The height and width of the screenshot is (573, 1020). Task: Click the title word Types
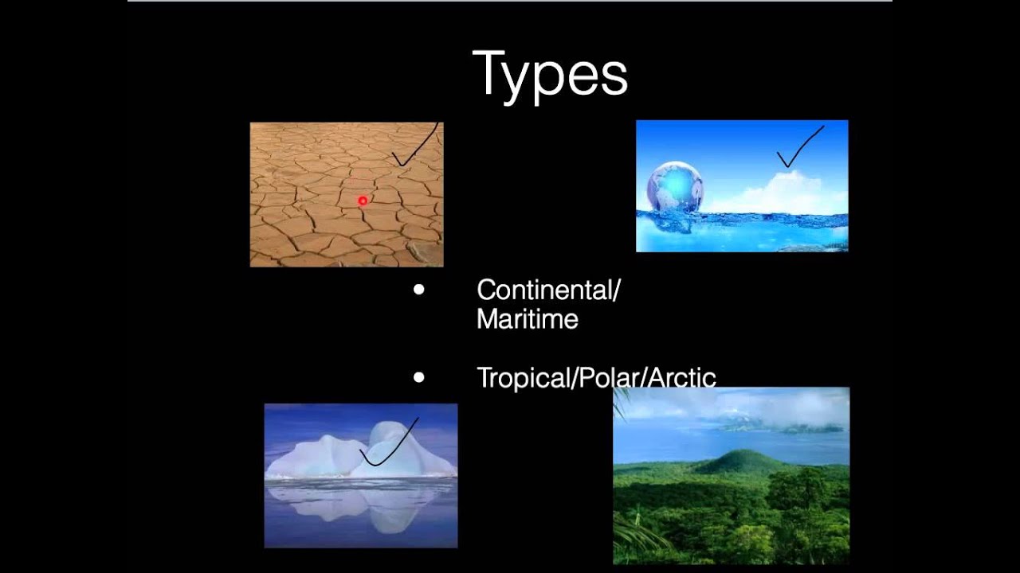click(x=550, y=74)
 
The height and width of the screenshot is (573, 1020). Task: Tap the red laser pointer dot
click(x=363, y=201)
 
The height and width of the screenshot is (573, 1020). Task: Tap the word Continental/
click(x=547, y=290)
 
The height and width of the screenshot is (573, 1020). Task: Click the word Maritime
click(x=527, y=320)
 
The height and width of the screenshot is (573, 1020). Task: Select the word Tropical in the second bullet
click(x=522, y=377)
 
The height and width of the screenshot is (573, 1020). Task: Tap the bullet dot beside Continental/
click(x=419, y=290)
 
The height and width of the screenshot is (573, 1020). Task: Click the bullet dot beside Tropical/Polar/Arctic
click(x=419, y=377)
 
